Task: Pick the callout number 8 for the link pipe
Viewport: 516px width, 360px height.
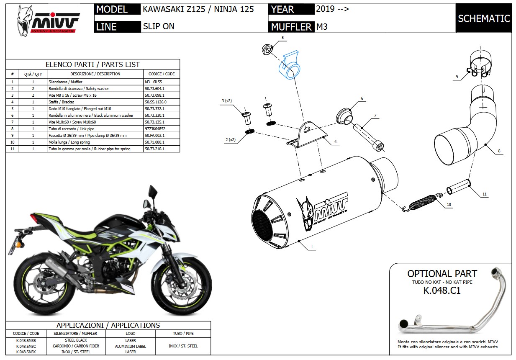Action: click(x=499, y=151)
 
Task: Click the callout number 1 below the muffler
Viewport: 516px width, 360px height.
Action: click(x=312, y=247)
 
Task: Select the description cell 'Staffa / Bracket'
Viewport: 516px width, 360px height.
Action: click(x=62, y=102)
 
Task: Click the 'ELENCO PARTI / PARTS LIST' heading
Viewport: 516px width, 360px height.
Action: click(x=92, y=64)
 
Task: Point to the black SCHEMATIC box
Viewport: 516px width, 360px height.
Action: click(x=483, y=18)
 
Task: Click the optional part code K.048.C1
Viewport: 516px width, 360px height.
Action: click(x=442, y=291)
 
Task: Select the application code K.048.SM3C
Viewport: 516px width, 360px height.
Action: click(x=26, y=346)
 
